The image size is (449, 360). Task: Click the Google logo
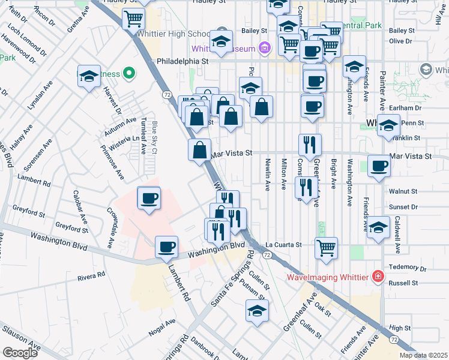pos(20,353)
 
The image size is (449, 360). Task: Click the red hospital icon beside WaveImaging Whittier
pos(378,277)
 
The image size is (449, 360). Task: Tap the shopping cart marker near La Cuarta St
pos(326,247)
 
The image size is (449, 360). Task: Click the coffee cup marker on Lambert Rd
pos(166,246)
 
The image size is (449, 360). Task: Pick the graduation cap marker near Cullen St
pos(257,311)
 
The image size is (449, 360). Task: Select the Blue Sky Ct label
pos(154,137)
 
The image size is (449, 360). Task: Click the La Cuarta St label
pos(283,245)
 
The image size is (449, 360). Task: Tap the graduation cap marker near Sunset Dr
pos(379,227)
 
